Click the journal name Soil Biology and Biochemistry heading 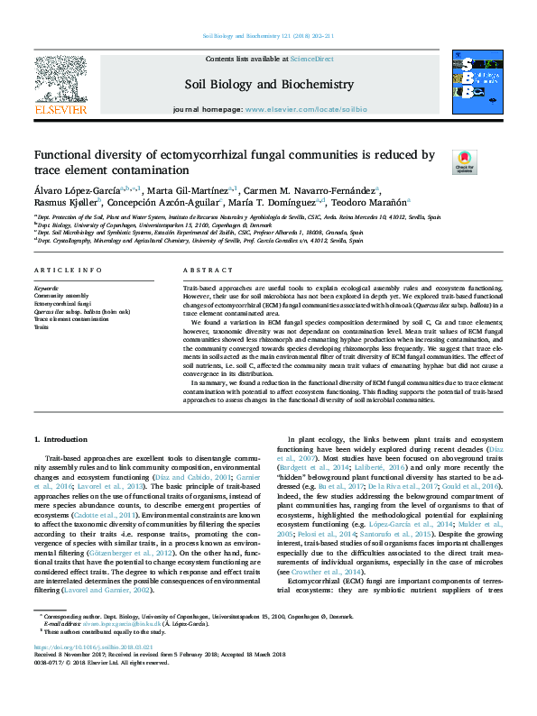[x=268, y=85]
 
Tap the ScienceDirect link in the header [x=311, y=59]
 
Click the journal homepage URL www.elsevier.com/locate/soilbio [x=330, y=108]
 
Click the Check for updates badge [x=464, y=161]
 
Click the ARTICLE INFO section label [x=67, y=271]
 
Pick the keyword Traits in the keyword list [x=42, y=326]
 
